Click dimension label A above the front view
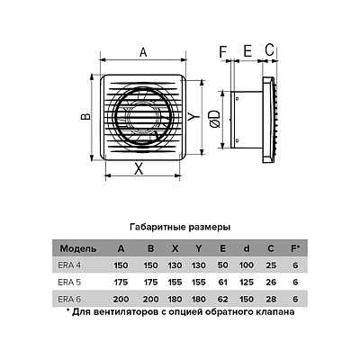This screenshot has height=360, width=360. pos(143,52)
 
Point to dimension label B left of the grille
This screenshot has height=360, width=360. pos(86,116)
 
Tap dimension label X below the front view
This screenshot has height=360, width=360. pos(139,169)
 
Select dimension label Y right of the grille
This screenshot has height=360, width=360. pos(193,116)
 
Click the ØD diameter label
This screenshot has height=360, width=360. pos(214,119)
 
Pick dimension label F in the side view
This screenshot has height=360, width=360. pos(222,51)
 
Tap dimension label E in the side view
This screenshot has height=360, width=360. pos(247,51)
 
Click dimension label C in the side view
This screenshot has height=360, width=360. pos(270,49)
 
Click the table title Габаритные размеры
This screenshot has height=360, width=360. pos(180,227)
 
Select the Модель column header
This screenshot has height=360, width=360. pos(78,248)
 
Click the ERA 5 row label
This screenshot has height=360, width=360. pos(69,283)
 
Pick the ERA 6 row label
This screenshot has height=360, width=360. pos(69,299)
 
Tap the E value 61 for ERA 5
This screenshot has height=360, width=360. pos(222,283)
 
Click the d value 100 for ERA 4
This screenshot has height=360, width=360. pos(247,265)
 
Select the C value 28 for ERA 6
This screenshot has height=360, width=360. pos(271,299)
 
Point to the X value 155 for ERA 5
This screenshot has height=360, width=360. pos(175,283)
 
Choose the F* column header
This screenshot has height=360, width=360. pos(295,248)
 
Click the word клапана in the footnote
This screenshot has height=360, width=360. pos(275,312)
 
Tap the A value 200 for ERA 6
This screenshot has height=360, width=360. pos(121,299)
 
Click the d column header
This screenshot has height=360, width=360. pos(247,248)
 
